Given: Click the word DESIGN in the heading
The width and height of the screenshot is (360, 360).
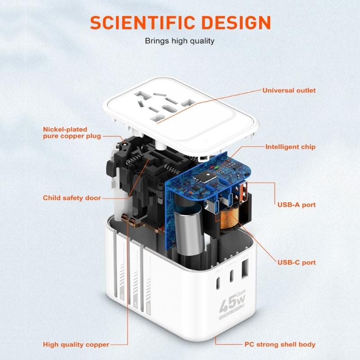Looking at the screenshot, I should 234,22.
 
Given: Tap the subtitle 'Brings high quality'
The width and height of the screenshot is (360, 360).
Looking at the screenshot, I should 180,41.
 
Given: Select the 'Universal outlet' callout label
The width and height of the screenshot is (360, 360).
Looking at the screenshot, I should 289,90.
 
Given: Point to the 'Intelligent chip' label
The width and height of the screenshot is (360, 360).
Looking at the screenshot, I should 290,147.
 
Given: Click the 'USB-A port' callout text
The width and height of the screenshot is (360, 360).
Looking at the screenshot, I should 296,205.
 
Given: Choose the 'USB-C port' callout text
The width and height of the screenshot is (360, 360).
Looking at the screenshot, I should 296,262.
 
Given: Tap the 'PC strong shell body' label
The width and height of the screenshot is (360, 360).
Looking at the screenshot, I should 279,345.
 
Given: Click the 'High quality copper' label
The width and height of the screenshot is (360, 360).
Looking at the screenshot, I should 76,345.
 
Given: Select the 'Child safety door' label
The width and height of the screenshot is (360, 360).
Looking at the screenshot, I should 72,198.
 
